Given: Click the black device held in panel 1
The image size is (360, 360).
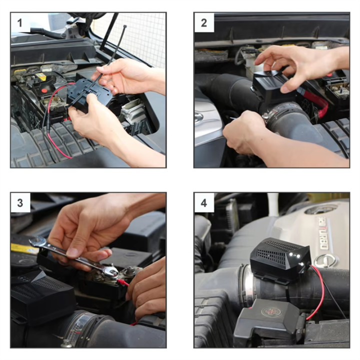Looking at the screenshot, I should point(90,95).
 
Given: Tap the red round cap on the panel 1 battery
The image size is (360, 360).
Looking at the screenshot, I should point(45,91).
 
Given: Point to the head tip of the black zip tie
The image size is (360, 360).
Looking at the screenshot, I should point(124,26).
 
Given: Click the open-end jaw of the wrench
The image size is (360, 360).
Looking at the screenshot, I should point(36,243).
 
